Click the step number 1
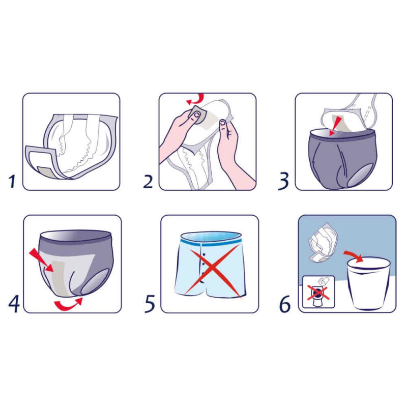pyautogui.click(x=12, y=182)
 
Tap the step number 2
pyautogui.click(x=148, y=182)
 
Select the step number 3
pyautogui.click(x=283, y=182)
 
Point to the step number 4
pyautogui.click(x=14, y=303)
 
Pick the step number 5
pyautogui.click(x=150, y=303)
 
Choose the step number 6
pyautogui.click(x=285, y=304)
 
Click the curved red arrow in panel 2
pyautogui.click(x=196, y=100)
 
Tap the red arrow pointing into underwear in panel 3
pyautogui.click(x=335, y=126)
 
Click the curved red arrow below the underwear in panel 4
pyautogui.click(x=69, y=304)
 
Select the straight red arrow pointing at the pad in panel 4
pyautogui.click(x=41, y=260)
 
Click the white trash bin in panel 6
pyautogui.click(x=368, y=283)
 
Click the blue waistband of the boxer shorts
pyautogui.click(x=211, y=242)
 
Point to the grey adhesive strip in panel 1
pyautogui.click(x=47, y=172)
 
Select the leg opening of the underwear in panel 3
pyautogui.click(x=360, y=176)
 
